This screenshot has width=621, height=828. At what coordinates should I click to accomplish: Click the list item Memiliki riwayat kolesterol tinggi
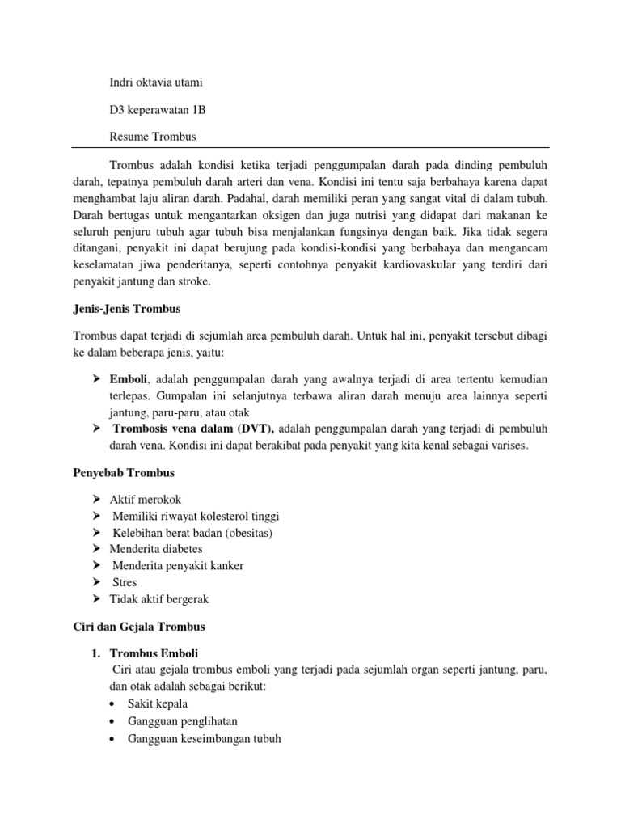tap(196, 517)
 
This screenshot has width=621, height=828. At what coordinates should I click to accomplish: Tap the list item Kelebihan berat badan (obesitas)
tap(192, 533)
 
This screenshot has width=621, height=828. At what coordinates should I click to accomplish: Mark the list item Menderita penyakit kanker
tap(178, 565)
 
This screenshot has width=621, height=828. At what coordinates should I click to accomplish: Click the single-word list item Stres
tap(125, 582)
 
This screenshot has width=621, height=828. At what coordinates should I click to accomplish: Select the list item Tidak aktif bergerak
tap(158, 598)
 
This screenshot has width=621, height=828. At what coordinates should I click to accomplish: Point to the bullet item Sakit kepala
tap(158, 704)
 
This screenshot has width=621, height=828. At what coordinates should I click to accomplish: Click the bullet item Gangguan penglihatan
tap(182, 721)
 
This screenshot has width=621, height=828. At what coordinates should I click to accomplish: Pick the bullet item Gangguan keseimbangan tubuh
tap(204, 738)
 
